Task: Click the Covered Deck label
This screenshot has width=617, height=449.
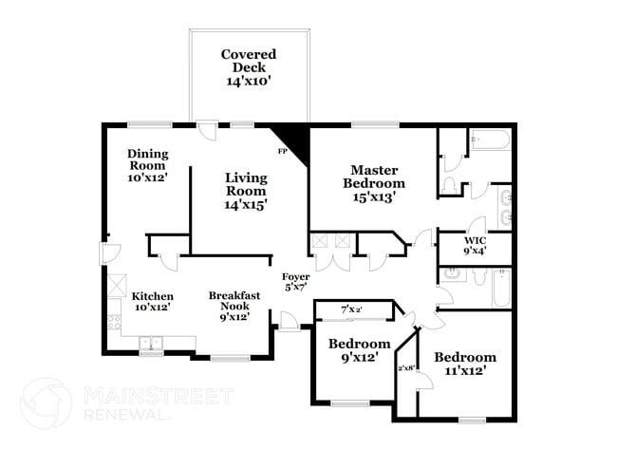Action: click(249, 67)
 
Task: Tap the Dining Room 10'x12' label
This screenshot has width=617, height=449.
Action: click(147, 164)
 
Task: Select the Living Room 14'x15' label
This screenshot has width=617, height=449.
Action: click(246, 190)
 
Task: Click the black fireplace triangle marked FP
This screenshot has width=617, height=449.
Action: click(294, 142)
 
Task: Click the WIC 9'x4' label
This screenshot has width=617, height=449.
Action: click(476, 245)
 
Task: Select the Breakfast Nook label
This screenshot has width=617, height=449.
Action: click(234, 306)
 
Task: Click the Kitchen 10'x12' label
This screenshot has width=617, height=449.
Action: click(152, 302)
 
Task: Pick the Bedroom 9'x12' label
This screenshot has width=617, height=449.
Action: click(359, 350)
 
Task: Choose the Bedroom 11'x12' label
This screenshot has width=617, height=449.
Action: click(465, 364)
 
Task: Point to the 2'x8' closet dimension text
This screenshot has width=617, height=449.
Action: click(408, 367)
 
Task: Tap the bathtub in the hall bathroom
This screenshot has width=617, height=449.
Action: click(501, 290)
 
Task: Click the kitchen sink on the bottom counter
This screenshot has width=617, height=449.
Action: click(152, 343)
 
